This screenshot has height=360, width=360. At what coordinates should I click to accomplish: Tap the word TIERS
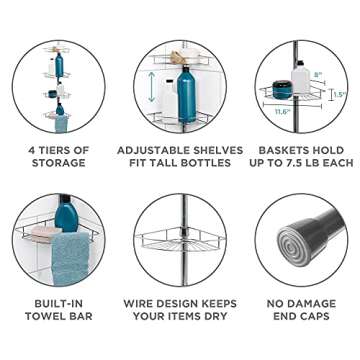[65, 150]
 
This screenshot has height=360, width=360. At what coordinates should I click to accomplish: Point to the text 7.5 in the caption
[296, 163]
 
